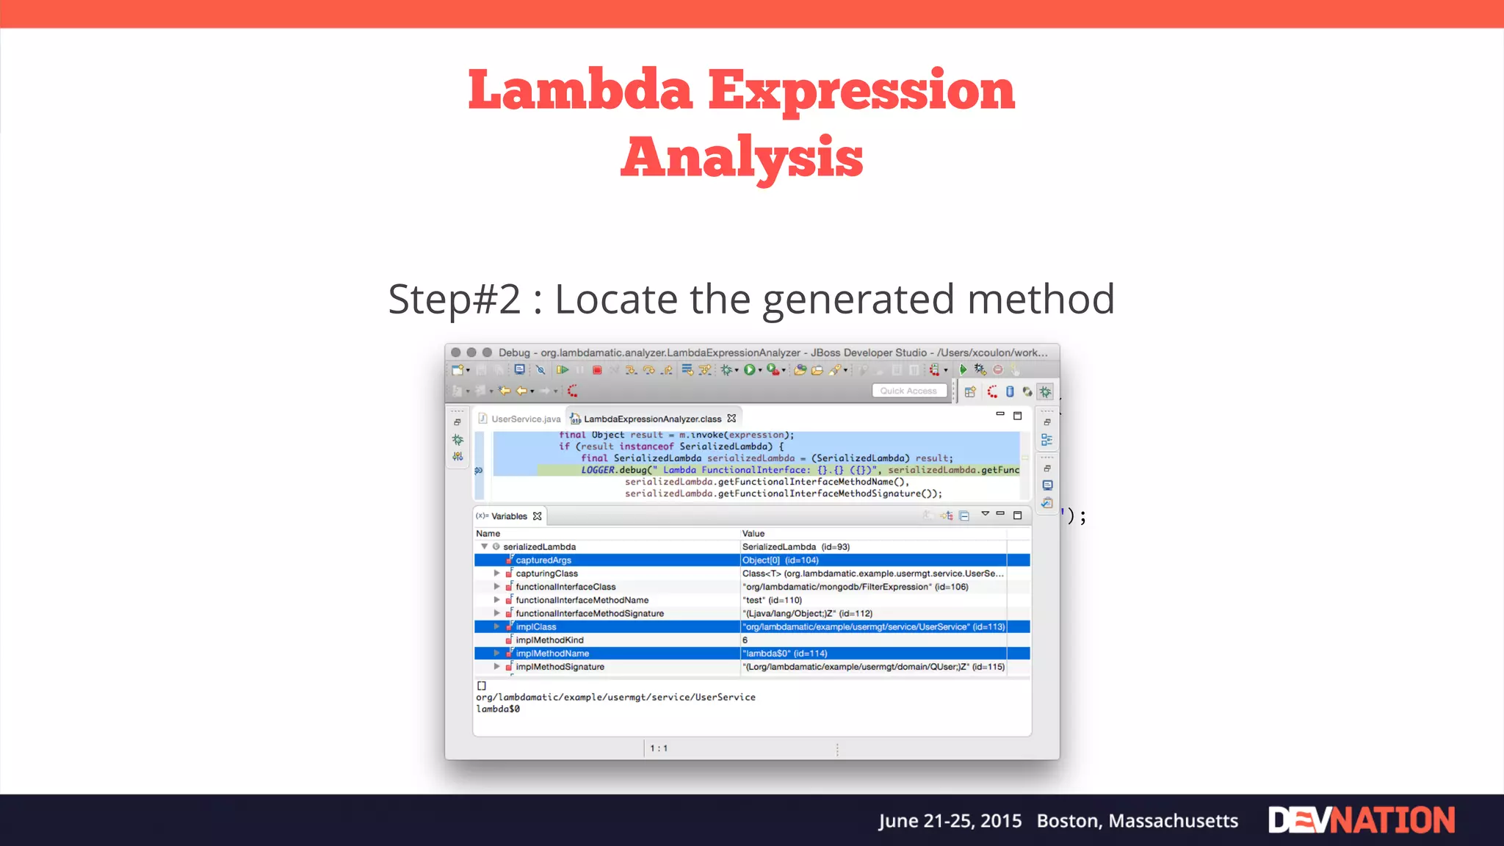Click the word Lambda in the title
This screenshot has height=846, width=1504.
click(x=580, y=90)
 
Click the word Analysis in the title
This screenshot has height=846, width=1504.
click(x=742, y=157)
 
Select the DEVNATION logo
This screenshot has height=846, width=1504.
click(x=1362, y=820)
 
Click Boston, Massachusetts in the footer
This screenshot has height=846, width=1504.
click(x=1137, y=821)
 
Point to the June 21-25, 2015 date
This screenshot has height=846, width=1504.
click(x=950, y=821)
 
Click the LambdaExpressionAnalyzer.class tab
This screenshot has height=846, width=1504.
click(x=652, y=419)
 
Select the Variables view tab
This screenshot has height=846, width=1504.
click(x=509, y=516)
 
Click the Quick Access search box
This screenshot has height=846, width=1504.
click(x=908, y=391)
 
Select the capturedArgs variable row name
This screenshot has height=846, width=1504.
click(x=543, y=560)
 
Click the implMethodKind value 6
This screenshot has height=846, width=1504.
click(x=745, y=640)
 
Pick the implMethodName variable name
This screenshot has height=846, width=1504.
click(x=552, y=654)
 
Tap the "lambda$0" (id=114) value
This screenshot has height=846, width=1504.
click(x=784, y=654)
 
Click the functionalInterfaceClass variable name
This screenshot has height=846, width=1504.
click(x=565, y=587)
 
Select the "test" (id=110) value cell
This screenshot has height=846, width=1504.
click(x=772, y=600)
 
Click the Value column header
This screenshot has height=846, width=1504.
click(x=753, y=534)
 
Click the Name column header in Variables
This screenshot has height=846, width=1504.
click(x=488, y=534)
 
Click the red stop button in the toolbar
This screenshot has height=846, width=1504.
click(x=597, y=370)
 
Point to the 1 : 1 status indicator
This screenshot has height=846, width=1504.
click(x=659, y=748)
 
